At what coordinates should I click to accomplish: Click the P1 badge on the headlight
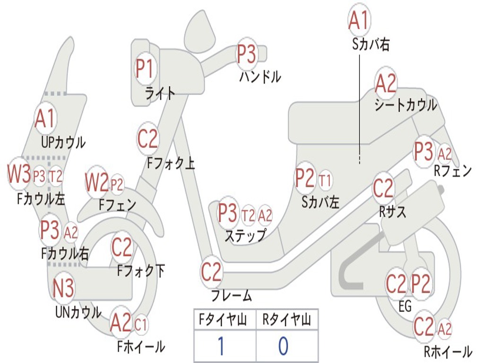point(145,69)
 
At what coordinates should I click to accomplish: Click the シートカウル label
point(406,105)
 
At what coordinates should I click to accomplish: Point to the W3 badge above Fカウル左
point(19,174)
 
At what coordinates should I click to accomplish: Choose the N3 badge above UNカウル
point(63,288)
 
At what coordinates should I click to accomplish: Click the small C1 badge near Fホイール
point(141,325)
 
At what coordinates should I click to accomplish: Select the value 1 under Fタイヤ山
point(220,346)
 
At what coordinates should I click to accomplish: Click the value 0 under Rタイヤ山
point(283,346)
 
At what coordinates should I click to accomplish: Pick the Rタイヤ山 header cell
point(286,320)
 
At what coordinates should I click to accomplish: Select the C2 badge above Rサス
point(383,189)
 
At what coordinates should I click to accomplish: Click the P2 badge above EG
point(421,284)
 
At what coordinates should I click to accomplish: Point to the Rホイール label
point(448,351)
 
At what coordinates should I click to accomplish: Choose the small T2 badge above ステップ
point(248,215)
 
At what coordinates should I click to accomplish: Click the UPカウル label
point(63,142)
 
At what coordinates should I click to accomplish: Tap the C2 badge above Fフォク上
point(148,139)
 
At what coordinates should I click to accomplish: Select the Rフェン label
point(453,171)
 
